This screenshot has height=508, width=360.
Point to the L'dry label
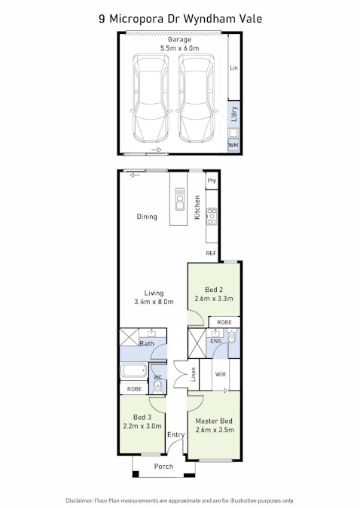click(233, 116)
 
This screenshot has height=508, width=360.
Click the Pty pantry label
click(212, 181)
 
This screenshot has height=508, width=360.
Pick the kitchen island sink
click(180, 202)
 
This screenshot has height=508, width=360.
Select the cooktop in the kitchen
click(212, 216)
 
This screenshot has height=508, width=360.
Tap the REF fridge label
click(211, 254)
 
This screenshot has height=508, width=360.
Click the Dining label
click(147, 217)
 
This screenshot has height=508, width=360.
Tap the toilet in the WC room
click(157, 385)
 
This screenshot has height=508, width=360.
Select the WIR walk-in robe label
click(221, 373)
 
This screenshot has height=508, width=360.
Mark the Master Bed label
click(214, 425)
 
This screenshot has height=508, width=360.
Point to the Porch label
click(163, 467)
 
